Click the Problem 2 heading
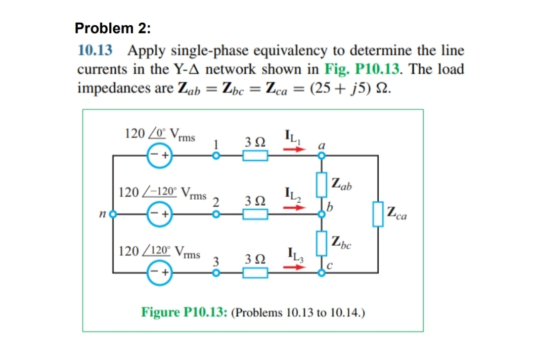[112, 28]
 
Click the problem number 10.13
[95, 52]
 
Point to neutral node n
[113, 214]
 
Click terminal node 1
[215, 156]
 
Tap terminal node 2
[215, 214]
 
